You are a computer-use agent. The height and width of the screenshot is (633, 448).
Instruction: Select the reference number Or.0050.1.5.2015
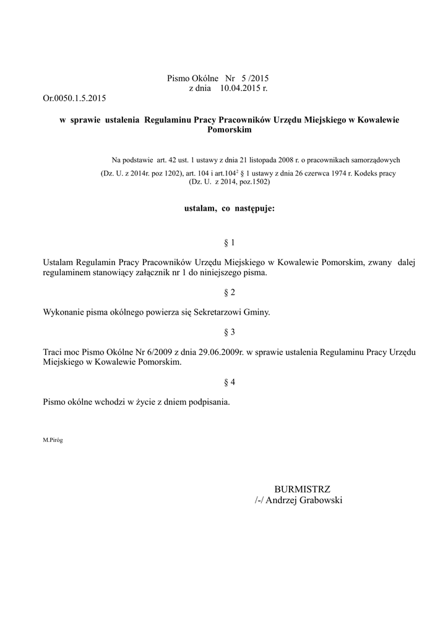coord(75,98)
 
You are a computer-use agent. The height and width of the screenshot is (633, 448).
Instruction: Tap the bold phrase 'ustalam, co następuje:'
coord(229,209)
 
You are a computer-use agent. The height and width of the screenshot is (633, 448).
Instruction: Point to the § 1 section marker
coord(229,242)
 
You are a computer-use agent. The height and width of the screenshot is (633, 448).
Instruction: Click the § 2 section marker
coord(229,292)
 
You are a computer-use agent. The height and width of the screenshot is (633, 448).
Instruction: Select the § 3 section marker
coord(229,332)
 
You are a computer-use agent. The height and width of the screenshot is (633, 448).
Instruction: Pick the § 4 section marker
coord(229,382)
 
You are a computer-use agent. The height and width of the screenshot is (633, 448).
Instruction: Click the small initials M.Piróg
coord(53,440)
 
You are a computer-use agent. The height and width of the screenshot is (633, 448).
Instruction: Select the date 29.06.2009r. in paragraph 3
coord(222,352)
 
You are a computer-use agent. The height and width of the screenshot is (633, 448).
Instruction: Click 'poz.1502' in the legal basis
coord(257,182)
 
